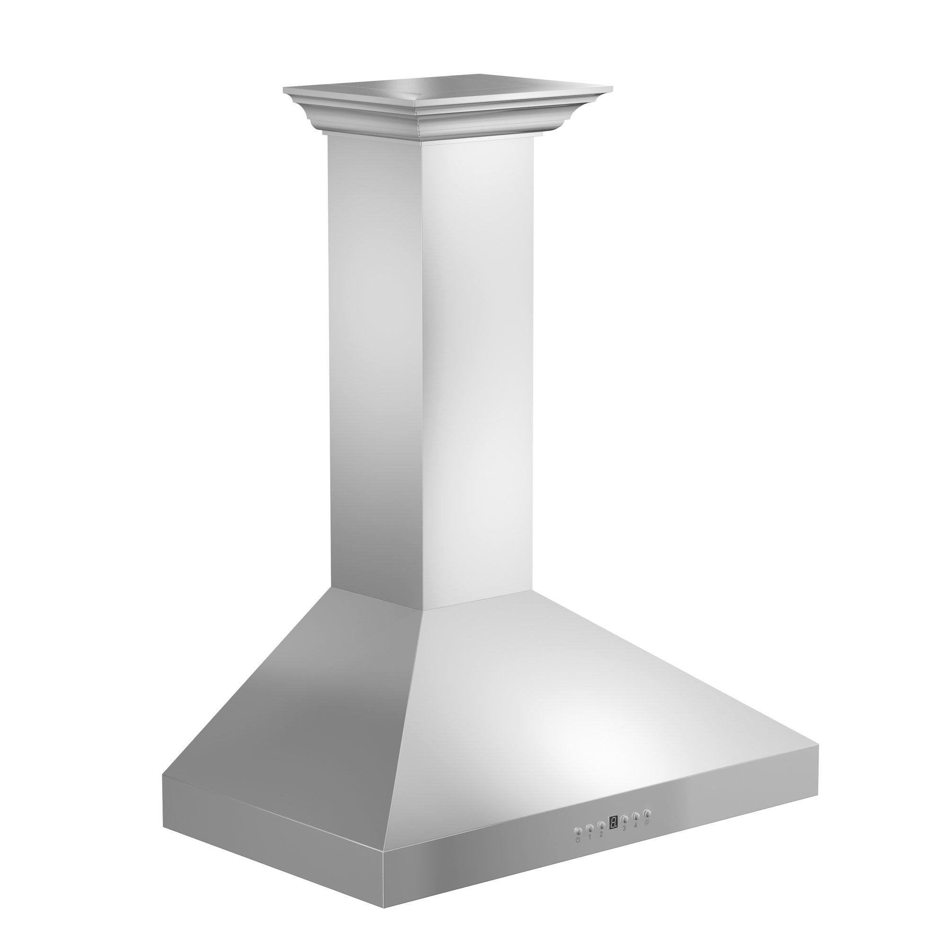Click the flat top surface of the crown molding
[451, 88]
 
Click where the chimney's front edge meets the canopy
[422, 610]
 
